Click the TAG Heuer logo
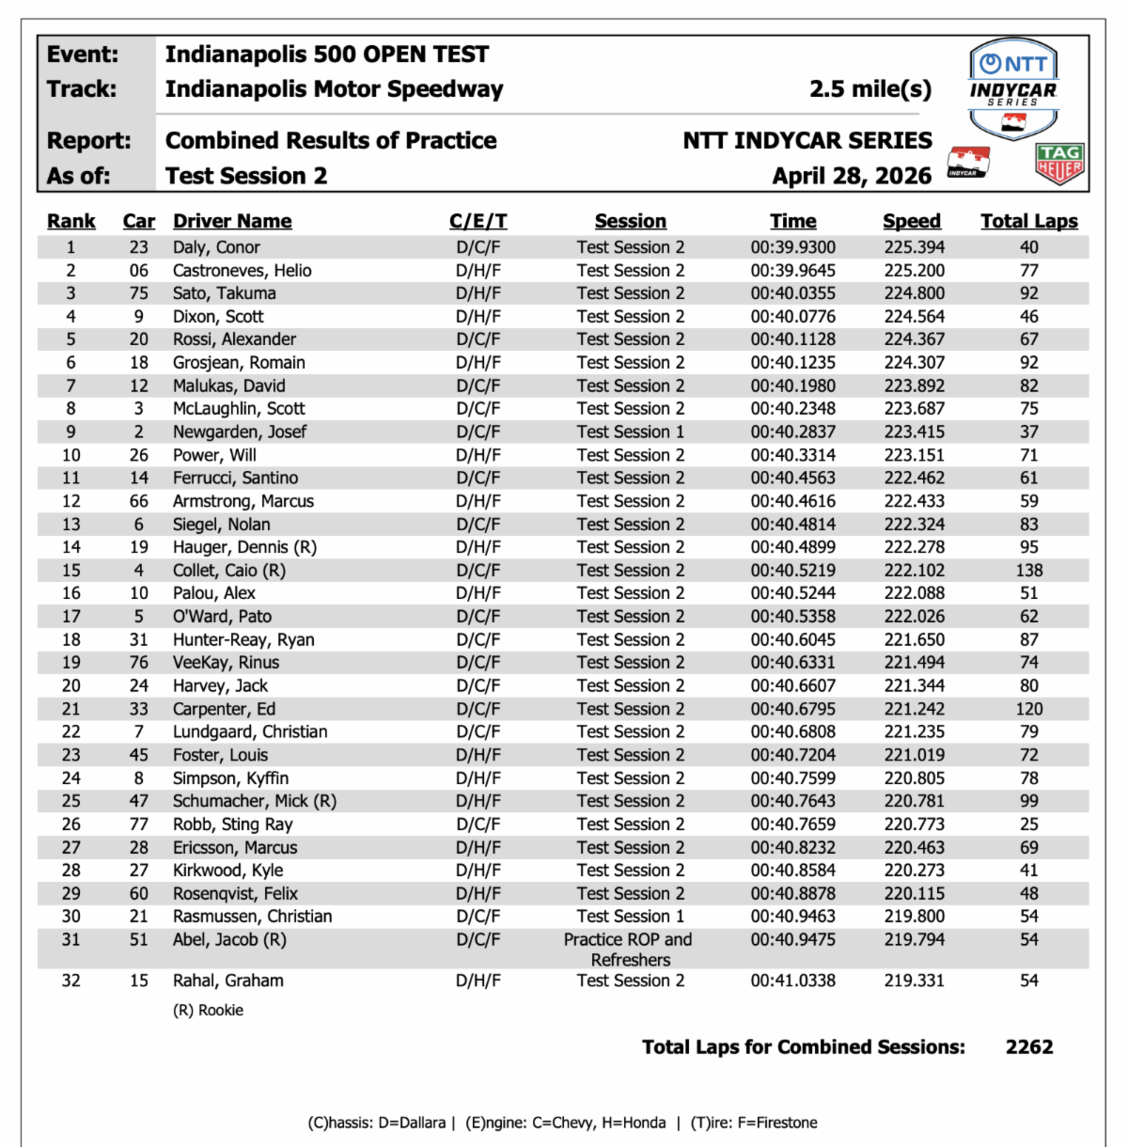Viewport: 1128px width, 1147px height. click(1059, 164)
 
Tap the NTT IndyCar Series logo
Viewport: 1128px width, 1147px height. click(1013, 87)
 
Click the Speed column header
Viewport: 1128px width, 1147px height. click(911, 221)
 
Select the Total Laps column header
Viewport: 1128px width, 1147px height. click(1028, 221)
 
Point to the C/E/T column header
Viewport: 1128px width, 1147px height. click(478, 221)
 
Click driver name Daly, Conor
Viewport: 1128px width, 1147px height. click(216, 247)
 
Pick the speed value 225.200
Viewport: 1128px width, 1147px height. click(914, 271)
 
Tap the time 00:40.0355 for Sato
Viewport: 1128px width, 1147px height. click(792, 293)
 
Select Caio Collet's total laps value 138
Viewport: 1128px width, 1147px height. click(1028, 571)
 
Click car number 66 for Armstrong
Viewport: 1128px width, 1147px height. click(139, 501)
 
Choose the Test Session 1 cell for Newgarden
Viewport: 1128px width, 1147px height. click(630, 432)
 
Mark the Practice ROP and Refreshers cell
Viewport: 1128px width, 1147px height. click(629, 950)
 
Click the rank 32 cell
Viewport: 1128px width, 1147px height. click(71, 981)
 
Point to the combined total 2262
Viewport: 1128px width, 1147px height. click(1028, 1047)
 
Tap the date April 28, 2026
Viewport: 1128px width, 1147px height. click(852, 176)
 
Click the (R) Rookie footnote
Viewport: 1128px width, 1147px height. click(208, 1011)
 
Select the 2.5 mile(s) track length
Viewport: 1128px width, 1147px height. click(869, 89)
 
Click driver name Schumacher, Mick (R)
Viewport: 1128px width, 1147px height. click(254, 801)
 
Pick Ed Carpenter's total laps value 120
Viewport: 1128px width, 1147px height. click(1028, 710)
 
